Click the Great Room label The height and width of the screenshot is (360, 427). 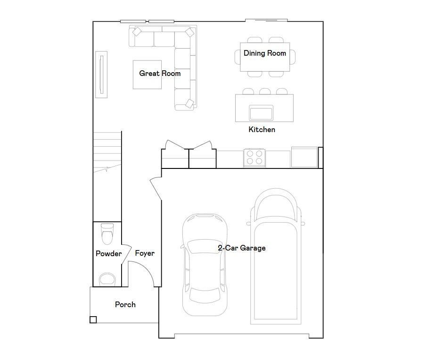[160, 73]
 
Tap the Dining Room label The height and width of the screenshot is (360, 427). [265, 53]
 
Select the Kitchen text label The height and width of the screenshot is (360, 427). [262, 129]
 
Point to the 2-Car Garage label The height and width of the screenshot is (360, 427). [242, 248]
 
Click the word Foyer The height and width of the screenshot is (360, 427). [145, 253]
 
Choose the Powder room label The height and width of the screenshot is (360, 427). [109, 254]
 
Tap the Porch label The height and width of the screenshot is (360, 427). [125, 304]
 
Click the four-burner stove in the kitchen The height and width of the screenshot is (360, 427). [255, 158]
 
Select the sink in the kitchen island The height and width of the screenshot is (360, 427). [261, 113]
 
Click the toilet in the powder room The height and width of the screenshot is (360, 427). [107, 234]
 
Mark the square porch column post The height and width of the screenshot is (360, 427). [93, 320]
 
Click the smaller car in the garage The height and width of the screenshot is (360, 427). [205, 265]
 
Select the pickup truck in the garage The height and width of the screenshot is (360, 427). [276, 256]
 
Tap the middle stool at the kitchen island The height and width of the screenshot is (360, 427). [265, 91]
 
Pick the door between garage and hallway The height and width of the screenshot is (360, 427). [156, 189]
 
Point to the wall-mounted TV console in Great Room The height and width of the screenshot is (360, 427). [101, 75]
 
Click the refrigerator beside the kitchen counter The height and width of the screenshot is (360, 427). [304, 157]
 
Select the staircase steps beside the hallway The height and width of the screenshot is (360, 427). [107, 152]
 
